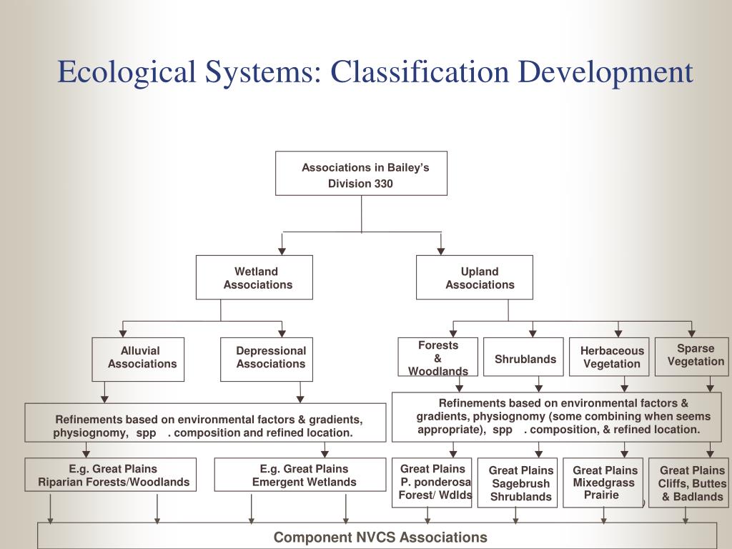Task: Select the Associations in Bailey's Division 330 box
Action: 361,173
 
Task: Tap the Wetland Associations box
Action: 254,277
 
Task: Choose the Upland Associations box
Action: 475,277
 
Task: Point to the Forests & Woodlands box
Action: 438,357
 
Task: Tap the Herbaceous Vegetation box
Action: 609,357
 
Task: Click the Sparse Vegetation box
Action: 692,355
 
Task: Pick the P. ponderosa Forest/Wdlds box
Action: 432,483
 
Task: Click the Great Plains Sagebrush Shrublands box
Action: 518,483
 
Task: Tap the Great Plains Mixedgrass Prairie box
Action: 603,483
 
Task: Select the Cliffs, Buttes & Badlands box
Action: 689,483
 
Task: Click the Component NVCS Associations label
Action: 380,537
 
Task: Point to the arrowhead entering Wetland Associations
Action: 282,250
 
